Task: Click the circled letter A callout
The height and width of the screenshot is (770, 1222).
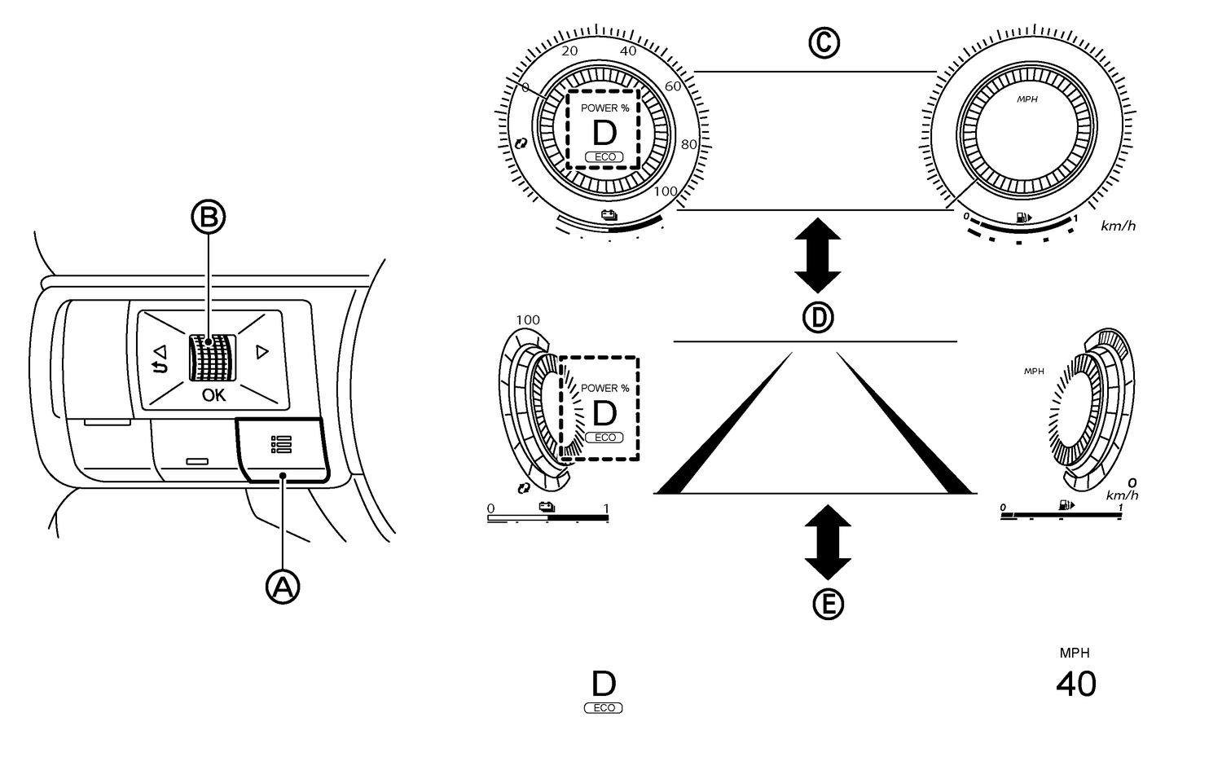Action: point(283,586)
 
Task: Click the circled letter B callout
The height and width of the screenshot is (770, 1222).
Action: point(208,217)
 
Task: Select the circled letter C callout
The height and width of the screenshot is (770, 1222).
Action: point(824,42)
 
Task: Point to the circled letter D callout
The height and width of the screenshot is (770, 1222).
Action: point(818,317)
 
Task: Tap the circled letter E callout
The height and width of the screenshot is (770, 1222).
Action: point(829,604)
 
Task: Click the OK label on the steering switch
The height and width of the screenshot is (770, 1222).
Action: point(214,395)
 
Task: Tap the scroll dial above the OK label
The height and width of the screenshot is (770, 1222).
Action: point(212,358)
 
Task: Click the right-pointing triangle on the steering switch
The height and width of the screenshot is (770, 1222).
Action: point(262,352)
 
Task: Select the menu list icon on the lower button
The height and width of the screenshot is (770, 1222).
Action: point(281,444)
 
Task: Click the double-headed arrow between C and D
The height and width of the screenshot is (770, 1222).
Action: point(817,255)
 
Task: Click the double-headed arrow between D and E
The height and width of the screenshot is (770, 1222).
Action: point(828,542)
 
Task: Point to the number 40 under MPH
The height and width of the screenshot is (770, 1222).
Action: point(1075,684)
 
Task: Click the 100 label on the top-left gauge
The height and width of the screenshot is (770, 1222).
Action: point(666,191)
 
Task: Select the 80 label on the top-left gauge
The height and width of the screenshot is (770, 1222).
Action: point(689,145)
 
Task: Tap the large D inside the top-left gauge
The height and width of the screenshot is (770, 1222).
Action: point(604,133)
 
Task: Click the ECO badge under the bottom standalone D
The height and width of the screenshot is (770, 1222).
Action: point(604,708)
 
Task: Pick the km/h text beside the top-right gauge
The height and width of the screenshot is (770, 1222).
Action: point(1118,226)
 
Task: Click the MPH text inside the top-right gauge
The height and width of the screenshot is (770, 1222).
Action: point(1026,99)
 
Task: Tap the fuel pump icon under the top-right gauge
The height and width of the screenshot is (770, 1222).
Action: point(1023,218)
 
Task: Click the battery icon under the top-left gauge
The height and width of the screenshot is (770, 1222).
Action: point(609,215)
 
